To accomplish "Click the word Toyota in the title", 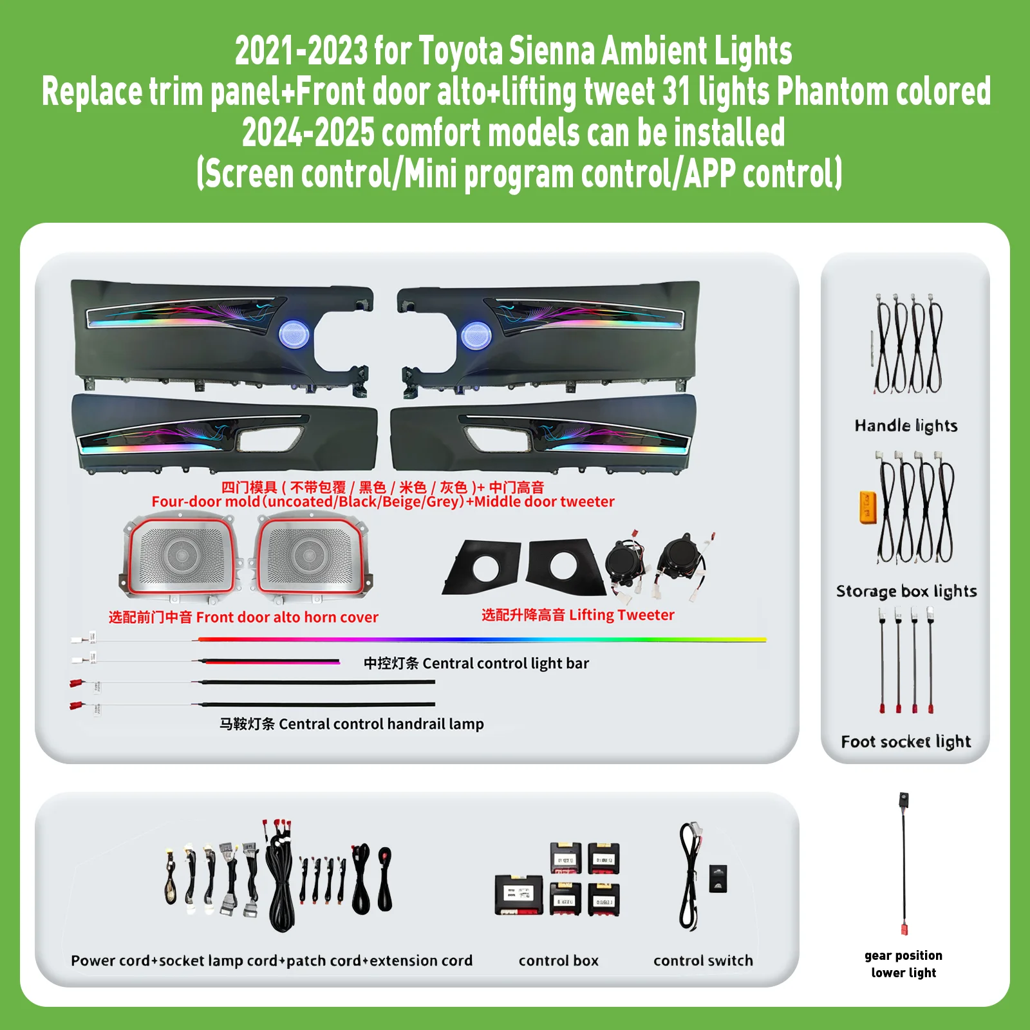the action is pyautogui.click(x=460, y=51).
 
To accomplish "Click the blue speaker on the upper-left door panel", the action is pyautogui.click(x=294, y=335).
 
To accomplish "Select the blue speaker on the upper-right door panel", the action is pyautogui.click(x=476, y=335).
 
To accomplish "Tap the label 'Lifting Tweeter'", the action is pyautogui.click(x=622, y=615).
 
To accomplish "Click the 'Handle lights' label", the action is pyautogui.click(x=906, y=426).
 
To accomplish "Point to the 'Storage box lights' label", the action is pyautogui.click(x=906, y=591).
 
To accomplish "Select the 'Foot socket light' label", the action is pyautogui.click(x=906, y=742).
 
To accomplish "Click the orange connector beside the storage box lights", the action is pyautogui.click(x=867, y=507).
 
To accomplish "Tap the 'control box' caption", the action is pyautogui.click(x=558, y=960).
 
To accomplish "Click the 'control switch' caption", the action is pyautogui.click(x=703, y=960).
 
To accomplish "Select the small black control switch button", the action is pyautogui.click(x=718, y=879).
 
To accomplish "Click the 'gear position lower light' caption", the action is pyautogui.click(x=904, y=964).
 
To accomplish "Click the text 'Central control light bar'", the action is pyautogui.click(x=505, y=664).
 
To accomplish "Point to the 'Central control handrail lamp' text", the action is pyautogui.click(x=381, y=724).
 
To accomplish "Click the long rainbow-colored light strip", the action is pyautogui.click(x=482, y=640).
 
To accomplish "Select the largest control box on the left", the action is pyautogui.click(x=519, y=895).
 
